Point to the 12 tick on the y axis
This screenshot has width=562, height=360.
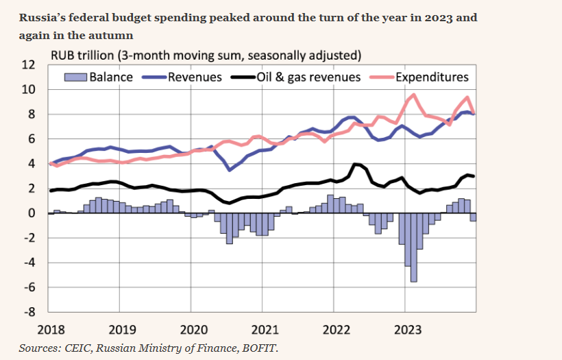pos(29,65)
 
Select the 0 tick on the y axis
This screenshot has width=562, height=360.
pos(32,213)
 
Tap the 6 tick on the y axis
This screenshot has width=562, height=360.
pos(32,139)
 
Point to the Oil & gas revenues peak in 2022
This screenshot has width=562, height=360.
pos(355,164)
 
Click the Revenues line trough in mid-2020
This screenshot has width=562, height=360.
pos(230,169)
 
